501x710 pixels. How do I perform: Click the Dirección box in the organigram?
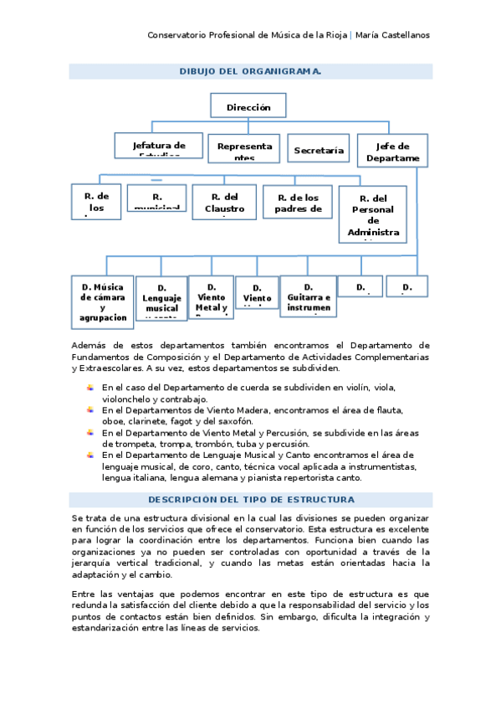[x=248, y=106]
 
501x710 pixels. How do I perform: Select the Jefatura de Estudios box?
[x=158, y=145]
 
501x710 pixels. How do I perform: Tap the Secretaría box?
[x=318, y=149]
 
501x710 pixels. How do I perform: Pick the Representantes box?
[x=244, y=149]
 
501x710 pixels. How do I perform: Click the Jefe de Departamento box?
[x=392, y=149]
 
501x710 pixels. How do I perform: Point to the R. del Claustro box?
[x=224, y=201]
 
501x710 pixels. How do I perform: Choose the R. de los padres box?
[x=299, y=201]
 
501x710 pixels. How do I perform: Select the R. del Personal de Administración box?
[x=373, y=214]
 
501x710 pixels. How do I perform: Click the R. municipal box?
[x=156, y=198]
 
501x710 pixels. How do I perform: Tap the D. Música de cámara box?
[x=103, y=299]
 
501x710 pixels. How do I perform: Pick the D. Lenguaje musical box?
[x=161, y=299]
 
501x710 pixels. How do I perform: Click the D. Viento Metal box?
[x=211, y=297]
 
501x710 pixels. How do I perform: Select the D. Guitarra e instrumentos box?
[x=308, y=296]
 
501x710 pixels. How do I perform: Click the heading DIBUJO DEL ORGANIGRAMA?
[x=250, y=72]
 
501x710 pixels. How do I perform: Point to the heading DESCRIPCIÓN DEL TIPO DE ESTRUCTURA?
[x=250, y=500]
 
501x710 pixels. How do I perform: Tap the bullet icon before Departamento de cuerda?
[x=90, y=388]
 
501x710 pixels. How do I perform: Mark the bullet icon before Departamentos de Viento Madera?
[x=90, y=409]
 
